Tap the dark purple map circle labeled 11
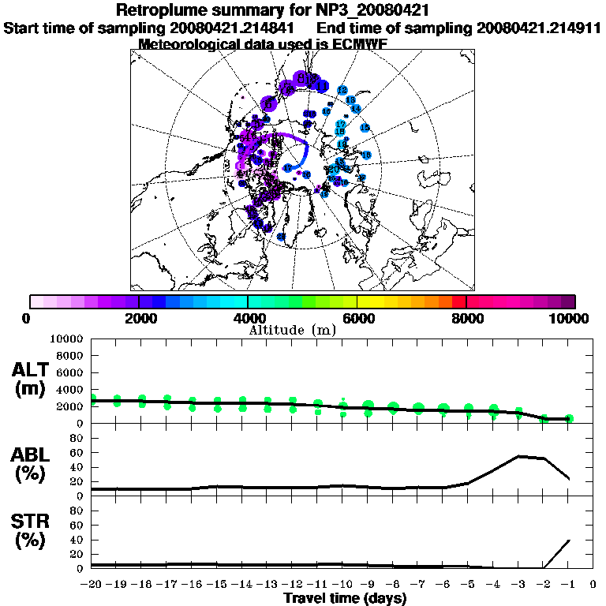[322, 85]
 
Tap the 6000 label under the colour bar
[357, 318]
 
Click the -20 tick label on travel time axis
[92, 585]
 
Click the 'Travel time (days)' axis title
[344, 598]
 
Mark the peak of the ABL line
[519, 456]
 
